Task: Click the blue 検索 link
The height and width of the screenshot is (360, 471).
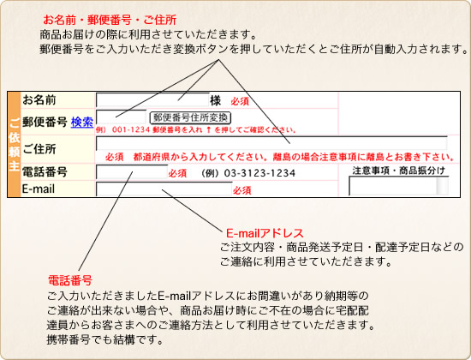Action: (x=82, y=122)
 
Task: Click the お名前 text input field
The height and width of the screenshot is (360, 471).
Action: (x=152, y=100)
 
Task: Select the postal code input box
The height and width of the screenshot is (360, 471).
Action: (x=122, y=117)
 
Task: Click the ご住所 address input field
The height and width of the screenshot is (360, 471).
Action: (x=271, y=143)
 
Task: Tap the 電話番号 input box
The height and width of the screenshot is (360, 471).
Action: (x=132, y=172)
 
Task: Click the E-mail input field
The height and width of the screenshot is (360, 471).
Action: (x=164, y=189)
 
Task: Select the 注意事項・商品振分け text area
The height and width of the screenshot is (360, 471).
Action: (x=398, y=186)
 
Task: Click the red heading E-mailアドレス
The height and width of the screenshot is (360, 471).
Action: (x=265, y=233)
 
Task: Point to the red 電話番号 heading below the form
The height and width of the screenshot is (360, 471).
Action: (x=70, y=280)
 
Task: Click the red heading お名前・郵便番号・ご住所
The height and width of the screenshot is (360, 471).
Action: (x=110, y=20)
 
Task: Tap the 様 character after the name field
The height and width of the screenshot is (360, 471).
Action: (x=215, y=100)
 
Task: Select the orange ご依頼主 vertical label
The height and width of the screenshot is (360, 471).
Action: (x=14, y=145)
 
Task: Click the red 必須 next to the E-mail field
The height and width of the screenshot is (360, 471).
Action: (x=242, y=190)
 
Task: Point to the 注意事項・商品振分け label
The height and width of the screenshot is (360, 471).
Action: (x=398, y=171)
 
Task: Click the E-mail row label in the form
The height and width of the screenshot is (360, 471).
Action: (x=39, y=189)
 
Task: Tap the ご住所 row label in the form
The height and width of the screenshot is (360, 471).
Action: (x=39, y=149)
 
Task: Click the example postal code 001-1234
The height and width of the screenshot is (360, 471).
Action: (x=131, y=130)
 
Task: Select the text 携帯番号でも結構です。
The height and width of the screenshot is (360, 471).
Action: (x=105, y=339)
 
